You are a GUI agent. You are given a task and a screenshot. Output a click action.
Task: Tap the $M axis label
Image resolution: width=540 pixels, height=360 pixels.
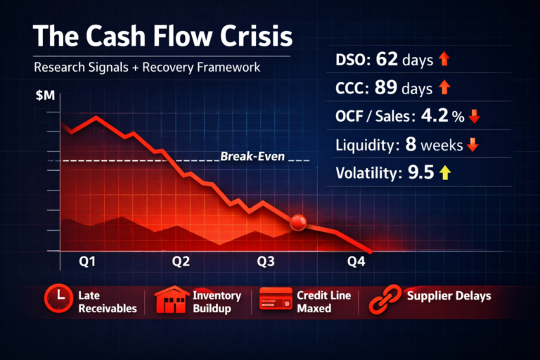[x=44, y=96]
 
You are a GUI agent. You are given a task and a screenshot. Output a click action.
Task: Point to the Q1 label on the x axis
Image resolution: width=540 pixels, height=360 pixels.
[x=88, y=262]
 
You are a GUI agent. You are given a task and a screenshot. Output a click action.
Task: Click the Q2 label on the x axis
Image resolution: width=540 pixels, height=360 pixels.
[x=181, y=262]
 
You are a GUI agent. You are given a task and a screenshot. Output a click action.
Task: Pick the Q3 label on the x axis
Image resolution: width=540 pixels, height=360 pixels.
[x=265, y=262]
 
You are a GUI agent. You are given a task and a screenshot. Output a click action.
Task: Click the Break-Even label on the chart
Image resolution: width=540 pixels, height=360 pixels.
[x=252, y=156]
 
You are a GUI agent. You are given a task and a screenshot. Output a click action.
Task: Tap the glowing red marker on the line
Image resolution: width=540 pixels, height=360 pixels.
[x=298, y=223]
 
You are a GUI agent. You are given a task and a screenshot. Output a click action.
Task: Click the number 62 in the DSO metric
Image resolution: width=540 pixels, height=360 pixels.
[x=386, y=60]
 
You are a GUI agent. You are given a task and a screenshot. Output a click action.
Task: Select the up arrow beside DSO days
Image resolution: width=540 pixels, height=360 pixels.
[x=444, y=60]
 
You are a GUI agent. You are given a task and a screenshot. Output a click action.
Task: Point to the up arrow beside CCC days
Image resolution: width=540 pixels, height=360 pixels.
[x=444, y=89]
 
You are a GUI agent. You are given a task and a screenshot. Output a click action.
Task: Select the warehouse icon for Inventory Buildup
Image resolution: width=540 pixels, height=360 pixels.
[x=171, y=300]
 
